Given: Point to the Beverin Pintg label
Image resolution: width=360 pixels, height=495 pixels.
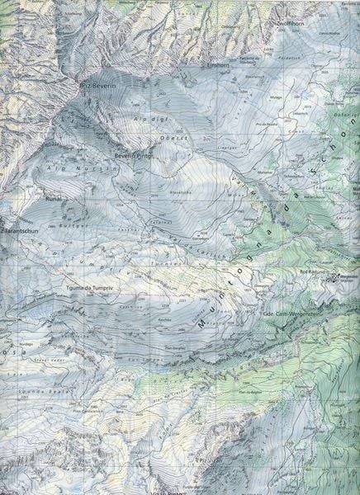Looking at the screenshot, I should coord(134,154).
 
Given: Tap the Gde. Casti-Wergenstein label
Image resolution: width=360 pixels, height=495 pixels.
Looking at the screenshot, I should coord(291,314).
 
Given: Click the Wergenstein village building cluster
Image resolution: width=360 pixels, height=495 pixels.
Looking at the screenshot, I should coord(334,279).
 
